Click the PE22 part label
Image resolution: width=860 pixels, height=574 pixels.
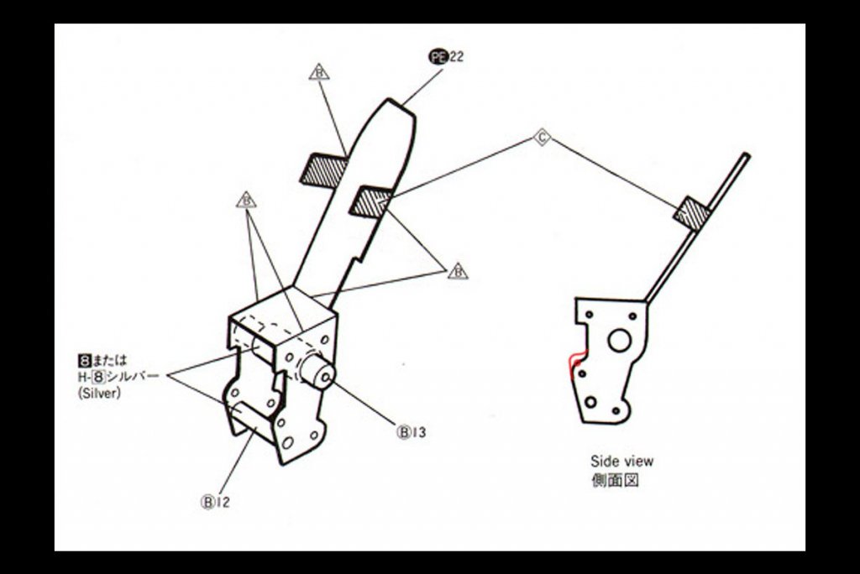(x=446, y=56)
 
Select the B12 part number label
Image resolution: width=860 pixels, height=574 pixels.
(x=216, y=502)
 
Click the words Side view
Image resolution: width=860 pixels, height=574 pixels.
(x=622, y=461)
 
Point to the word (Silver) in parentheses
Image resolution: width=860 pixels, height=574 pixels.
(x=99, y=393)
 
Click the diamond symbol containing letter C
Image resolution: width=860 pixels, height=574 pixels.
(x=542, y=137)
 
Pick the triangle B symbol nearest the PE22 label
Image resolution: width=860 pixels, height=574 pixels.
(x=319, y=72)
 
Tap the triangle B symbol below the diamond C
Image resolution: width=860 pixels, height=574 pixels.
(x=458, y=271)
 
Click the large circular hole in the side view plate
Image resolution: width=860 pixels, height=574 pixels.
(x=619, y=342)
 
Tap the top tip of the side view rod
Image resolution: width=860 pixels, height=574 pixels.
(x=747, y=156)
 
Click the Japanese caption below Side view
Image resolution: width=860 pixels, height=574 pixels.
(x=615, y=481)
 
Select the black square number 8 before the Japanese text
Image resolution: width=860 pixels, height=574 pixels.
(x=84, y=361)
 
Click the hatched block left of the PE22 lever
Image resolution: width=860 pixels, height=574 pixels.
(x=323, y=168)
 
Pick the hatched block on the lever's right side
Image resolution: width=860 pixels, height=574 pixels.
(x=370, y=201)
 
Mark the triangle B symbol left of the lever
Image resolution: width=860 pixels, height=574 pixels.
(x=246, y=200)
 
